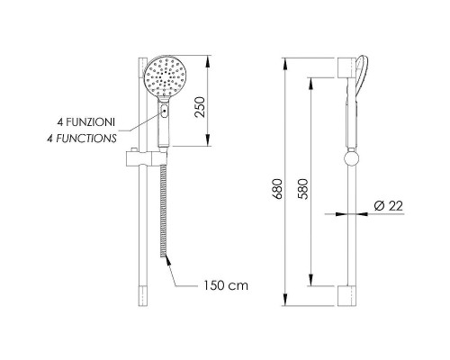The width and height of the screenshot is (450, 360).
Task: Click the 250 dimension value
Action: (x=200, y=107)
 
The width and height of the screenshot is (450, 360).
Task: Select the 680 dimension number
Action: (x=277, y=189)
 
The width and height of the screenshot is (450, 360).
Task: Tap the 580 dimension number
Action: (x=303, y=189)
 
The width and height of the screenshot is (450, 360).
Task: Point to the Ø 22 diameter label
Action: (x=388, y=206)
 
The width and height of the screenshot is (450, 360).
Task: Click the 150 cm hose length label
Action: (x=226, y=285)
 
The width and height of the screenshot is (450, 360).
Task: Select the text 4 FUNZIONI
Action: (x=86, y=122)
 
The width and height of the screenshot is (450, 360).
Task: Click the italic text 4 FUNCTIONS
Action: (x=82, y=139)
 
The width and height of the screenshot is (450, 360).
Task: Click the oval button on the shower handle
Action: (x=165, y=111)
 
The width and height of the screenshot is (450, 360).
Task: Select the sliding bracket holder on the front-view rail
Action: (x=146, y=157)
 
